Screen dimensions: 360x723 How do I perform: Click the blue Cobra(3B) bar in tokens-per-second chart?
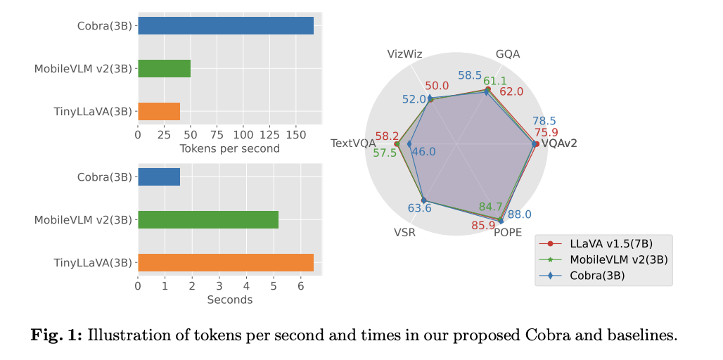225,26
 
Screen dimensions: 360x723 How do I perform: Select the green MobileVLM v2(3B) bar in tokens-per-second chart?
164,68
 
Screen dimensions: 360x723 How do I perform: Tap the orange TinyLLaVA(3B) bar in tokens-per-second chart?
159,111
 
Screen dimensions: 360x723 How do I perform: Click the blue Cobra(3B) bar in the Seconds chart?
159,177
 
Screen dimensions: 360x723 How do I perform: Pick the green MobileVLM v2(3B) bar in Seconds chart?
208,219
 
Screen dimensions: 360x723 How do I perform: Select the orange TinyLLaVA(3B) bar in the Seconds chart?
225,262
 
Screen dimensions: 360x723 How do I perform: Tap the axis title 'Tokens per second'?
229,148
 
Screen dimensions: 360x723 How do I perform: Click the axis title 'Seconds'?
229,300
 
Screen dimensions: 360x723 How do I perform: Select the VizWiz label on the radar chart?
405,54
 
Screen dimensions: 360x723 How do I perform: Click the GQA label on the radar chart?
508,54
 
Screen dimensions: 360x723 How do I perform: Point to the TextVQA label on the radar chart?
353,143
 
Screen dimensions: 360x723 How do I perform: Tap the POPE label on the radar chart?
508,233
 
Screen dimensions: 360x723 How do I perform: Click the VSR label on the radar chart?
404,233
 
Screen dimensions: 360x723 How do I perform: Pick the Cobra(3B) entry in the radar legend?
597,276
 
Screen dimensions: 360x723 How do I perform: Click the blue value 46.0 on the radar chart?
423,152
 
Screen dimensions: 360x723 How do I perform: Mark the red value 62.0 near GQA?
511,91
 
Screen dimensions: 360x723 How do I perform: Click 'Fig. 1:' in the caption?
56,335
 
